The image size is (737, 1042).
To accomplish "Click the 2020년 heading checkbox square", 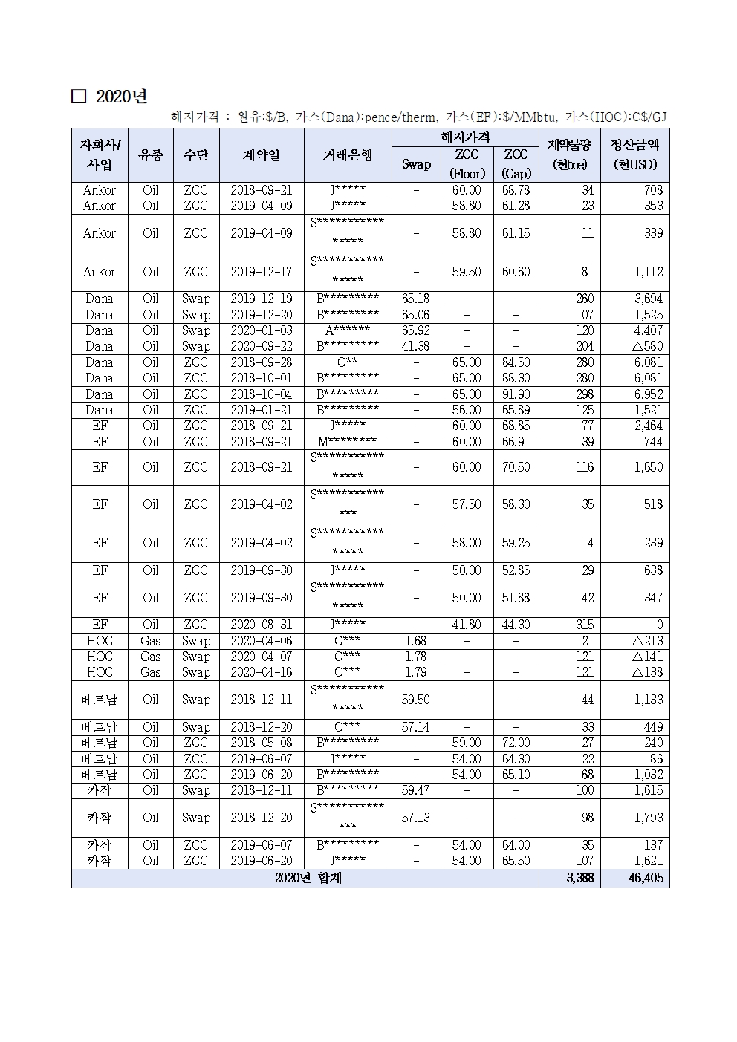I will [x=79, y=97].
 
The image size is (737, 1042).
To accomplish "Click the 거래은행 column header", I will [x=347, y=155].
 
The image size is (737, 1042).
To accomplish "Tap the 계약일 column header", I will [x=262, y=155].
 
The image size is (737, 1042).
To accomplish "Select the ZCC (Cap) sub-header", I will [x=516, y=164].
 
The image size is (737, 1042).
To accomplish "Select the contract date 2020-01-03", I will [x=262, y=330].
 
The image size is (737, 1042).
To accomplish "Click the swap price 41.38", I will [x=416, y=346].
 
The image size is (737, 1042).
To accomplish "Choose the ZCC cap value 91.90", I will [x=516, y=394].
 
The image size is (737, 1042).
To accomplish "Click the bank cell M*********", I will [x=347, y=442].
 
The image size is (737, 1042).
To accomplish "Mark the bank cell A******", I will [x=347, y=330].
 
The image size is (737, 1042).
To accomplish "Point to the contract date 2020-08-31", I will [x=262, y=625].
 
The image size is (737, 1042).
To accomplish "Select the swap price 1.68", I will [x=416, y=641].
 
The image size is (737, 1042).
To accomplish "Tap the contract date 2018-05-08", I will [x=262, y=743].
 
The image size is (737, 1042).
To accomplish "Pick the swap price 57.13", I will [x=416, y=818].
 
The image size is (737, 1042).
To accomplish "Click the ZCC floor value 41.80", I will [x=467, y=625].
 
